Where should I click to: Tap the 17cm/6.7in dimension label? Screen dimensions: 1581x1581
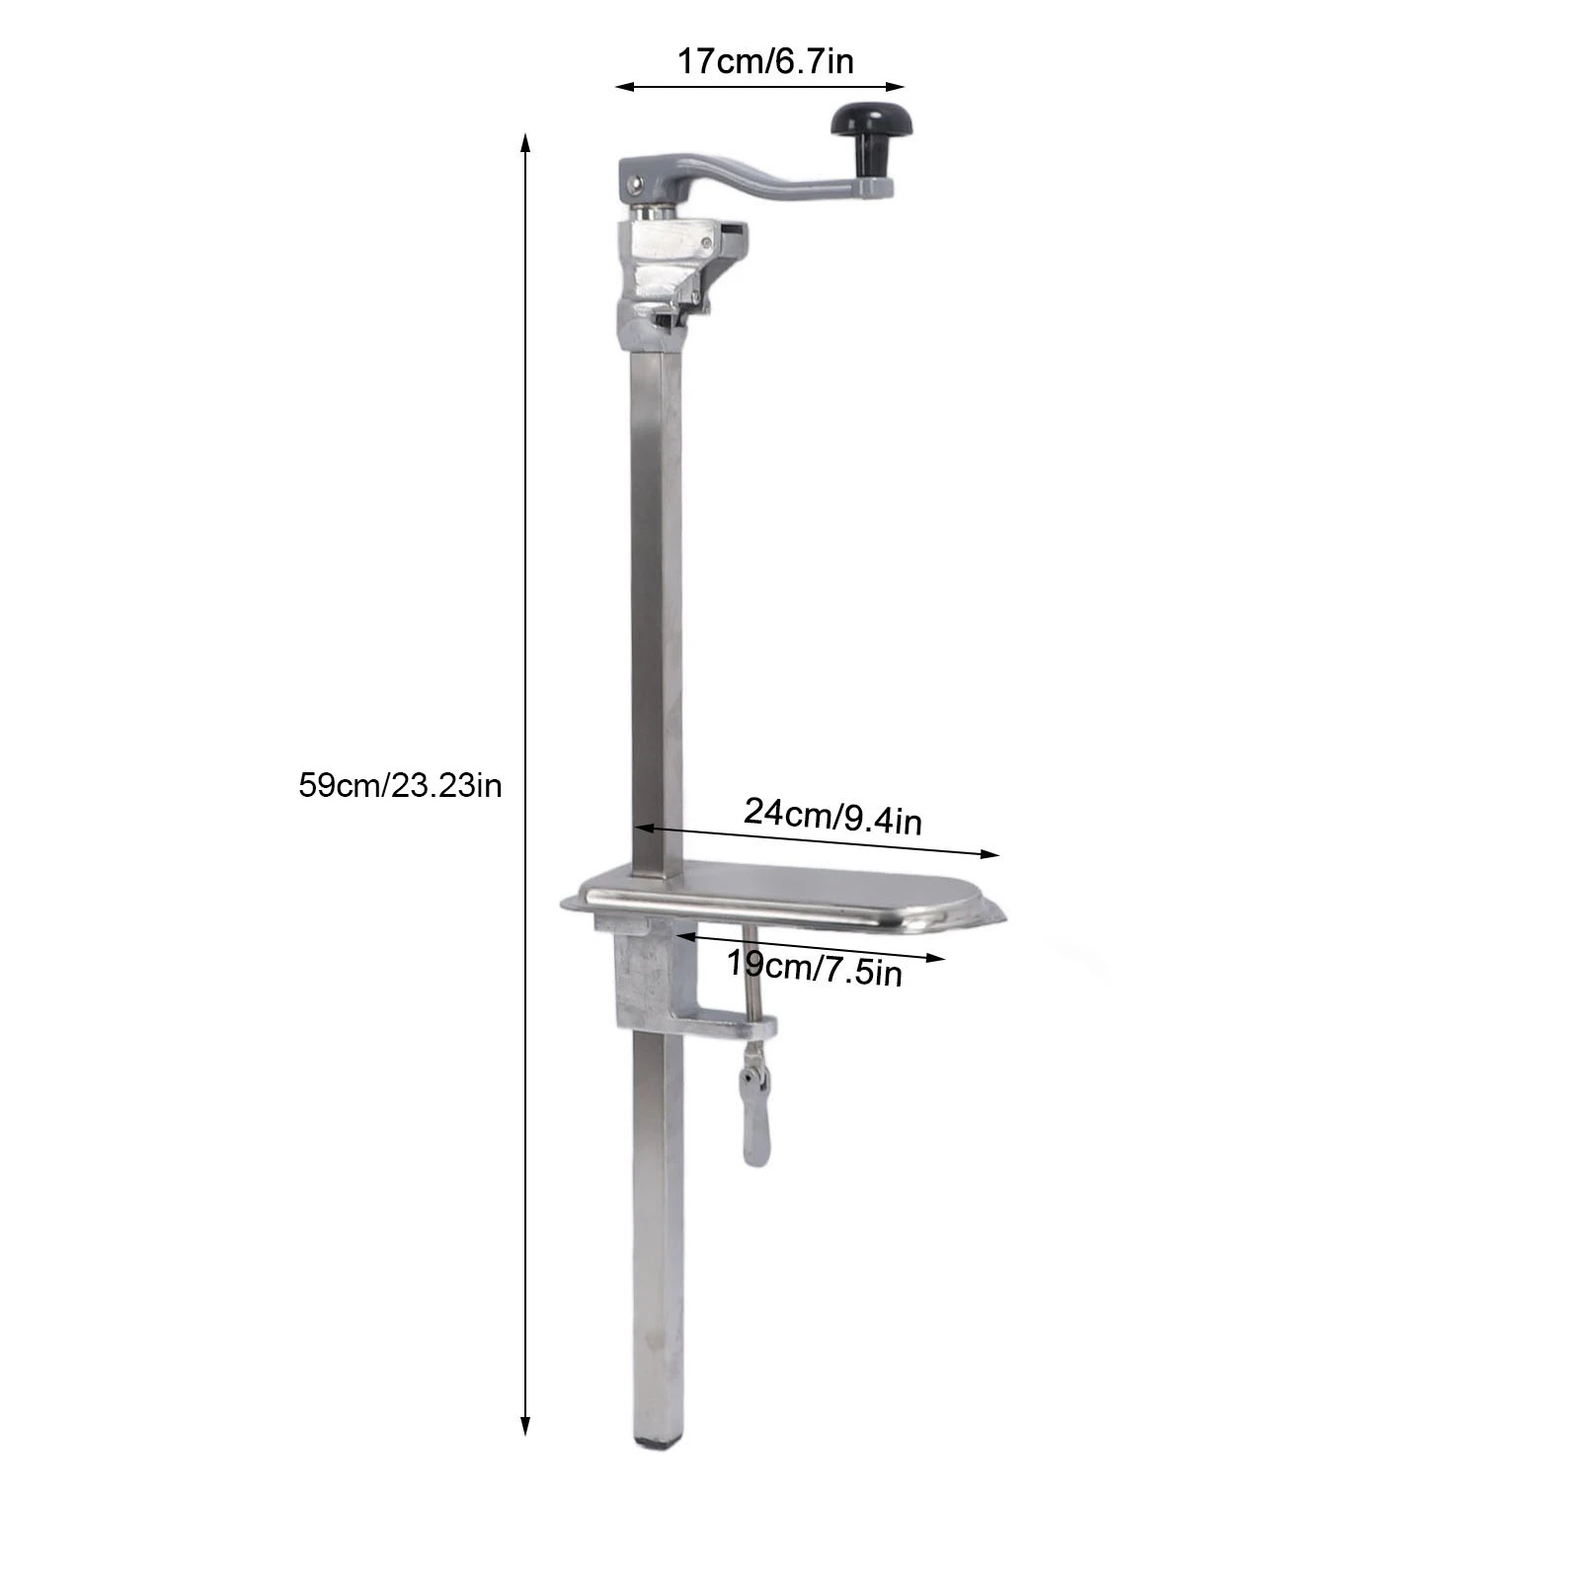[765, 62]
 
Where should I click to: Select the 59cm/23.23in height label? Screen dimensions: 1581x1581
[400, 785]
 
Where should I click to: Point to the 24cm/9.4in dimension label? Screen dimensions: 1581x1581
[832, 816]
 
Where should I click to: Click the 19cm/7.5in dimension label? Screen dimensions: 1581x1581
[815, 968]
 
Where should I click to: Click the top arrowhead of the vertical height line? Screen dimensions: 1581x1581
[525, 142]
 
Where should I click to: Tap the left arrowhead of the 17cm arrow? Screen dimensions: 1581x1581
[624, 87]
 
